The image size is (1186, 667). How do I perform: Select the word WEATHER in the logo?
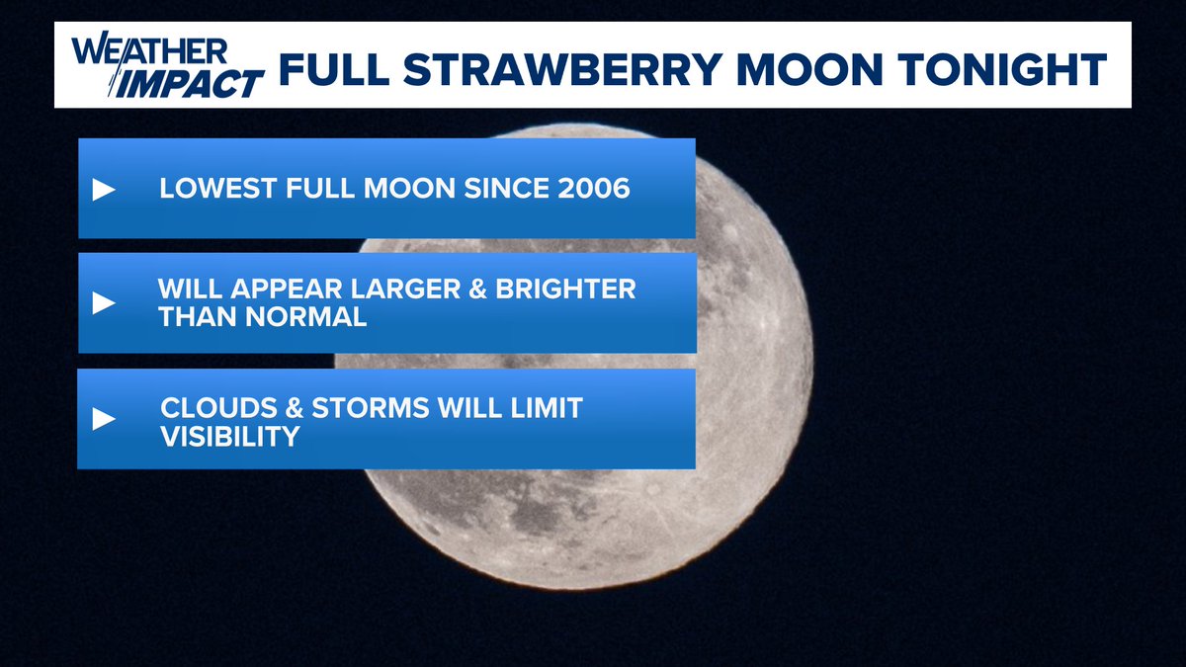tap(149, 49)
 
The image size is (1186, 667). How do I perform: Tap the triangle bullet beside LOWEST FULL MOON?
tap(104, 190)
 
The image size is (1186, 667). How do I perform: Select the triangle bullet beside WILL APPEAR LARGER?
tap(104, 303)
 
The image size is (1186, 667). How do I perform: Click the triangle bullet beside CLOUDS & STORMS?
tap(104, 419)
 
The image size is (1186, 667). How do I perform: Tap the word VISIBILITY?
tap(229, 435)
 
